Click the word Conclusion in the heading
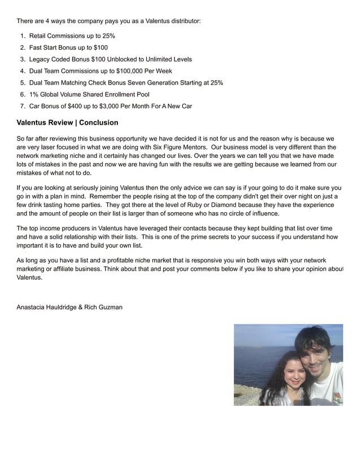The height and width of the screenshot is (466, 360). [x=99, y=122]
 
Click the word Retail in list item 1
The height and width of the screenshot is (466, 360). [x=38, y=36]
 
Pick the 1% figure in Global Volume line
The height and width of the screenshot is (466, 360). [x=34, y=95]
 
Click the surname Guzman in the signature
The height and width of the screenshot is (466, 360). [x=109, y=307]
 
